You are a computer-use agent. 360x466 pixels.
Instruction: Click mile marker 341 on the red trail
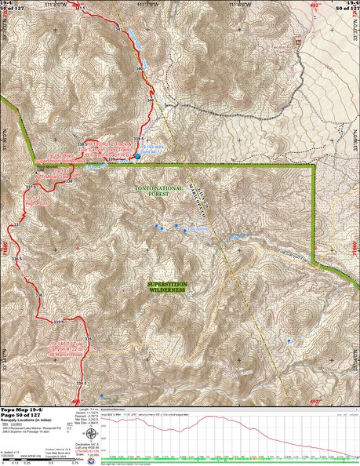click(119, 29)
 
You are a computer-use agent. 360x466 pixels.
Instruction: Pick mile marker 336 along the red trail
click(38, 294)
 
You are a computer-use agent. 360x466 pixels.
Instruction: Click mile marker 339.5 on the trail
click(138, 140)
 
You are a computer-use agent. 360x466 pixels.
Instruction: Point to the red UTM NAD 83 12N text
click(87, 449)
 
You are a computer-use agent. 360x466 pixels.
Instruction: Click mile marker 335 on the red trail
click(88, 339)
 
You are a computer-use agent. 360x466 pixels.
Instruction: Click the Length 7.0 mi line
click(88, 410)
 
